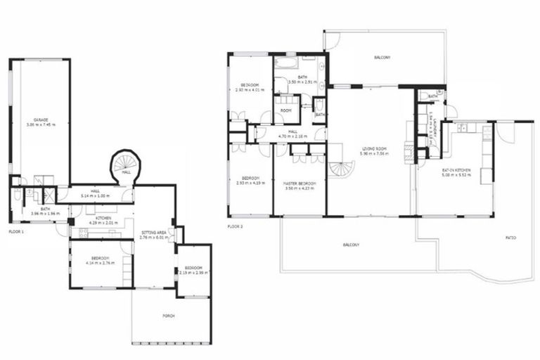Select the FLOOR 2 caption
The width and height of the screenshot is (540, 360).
tap(236, 227)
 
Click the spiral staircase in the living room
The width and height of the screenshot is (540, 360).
tap(343, 167)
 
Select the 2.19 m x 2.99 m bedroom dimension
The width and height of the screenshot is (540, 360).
tap(193, 272)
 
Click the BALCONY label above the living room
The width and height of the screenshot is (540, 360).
tap(382, 57)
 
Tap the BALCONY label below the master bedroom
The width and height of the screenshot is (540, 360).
tap(351, 245)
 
